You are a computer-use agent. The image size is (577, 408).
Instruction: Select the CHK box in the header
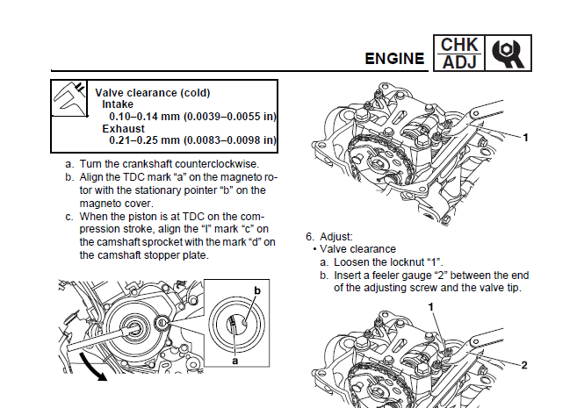(x=459, y=44)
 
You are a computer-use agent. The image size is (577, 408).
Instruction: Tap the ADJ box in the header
(x=459, y=62)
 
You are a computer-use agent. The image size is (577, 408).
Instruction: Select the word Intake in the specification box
(x=119, y=104)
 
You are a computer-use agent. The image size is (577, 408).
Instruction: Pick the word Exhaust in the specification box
(x=124, y=128)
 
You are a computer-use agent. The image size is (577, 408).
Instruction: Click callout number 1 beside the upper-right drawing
(x=525, y=137)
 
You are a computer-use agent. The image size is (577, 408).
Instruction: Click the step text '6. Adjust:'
(x=330, y=237)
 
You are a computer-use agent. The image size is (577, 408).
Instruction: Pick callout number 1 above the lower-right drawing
(x=433, y=307)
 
